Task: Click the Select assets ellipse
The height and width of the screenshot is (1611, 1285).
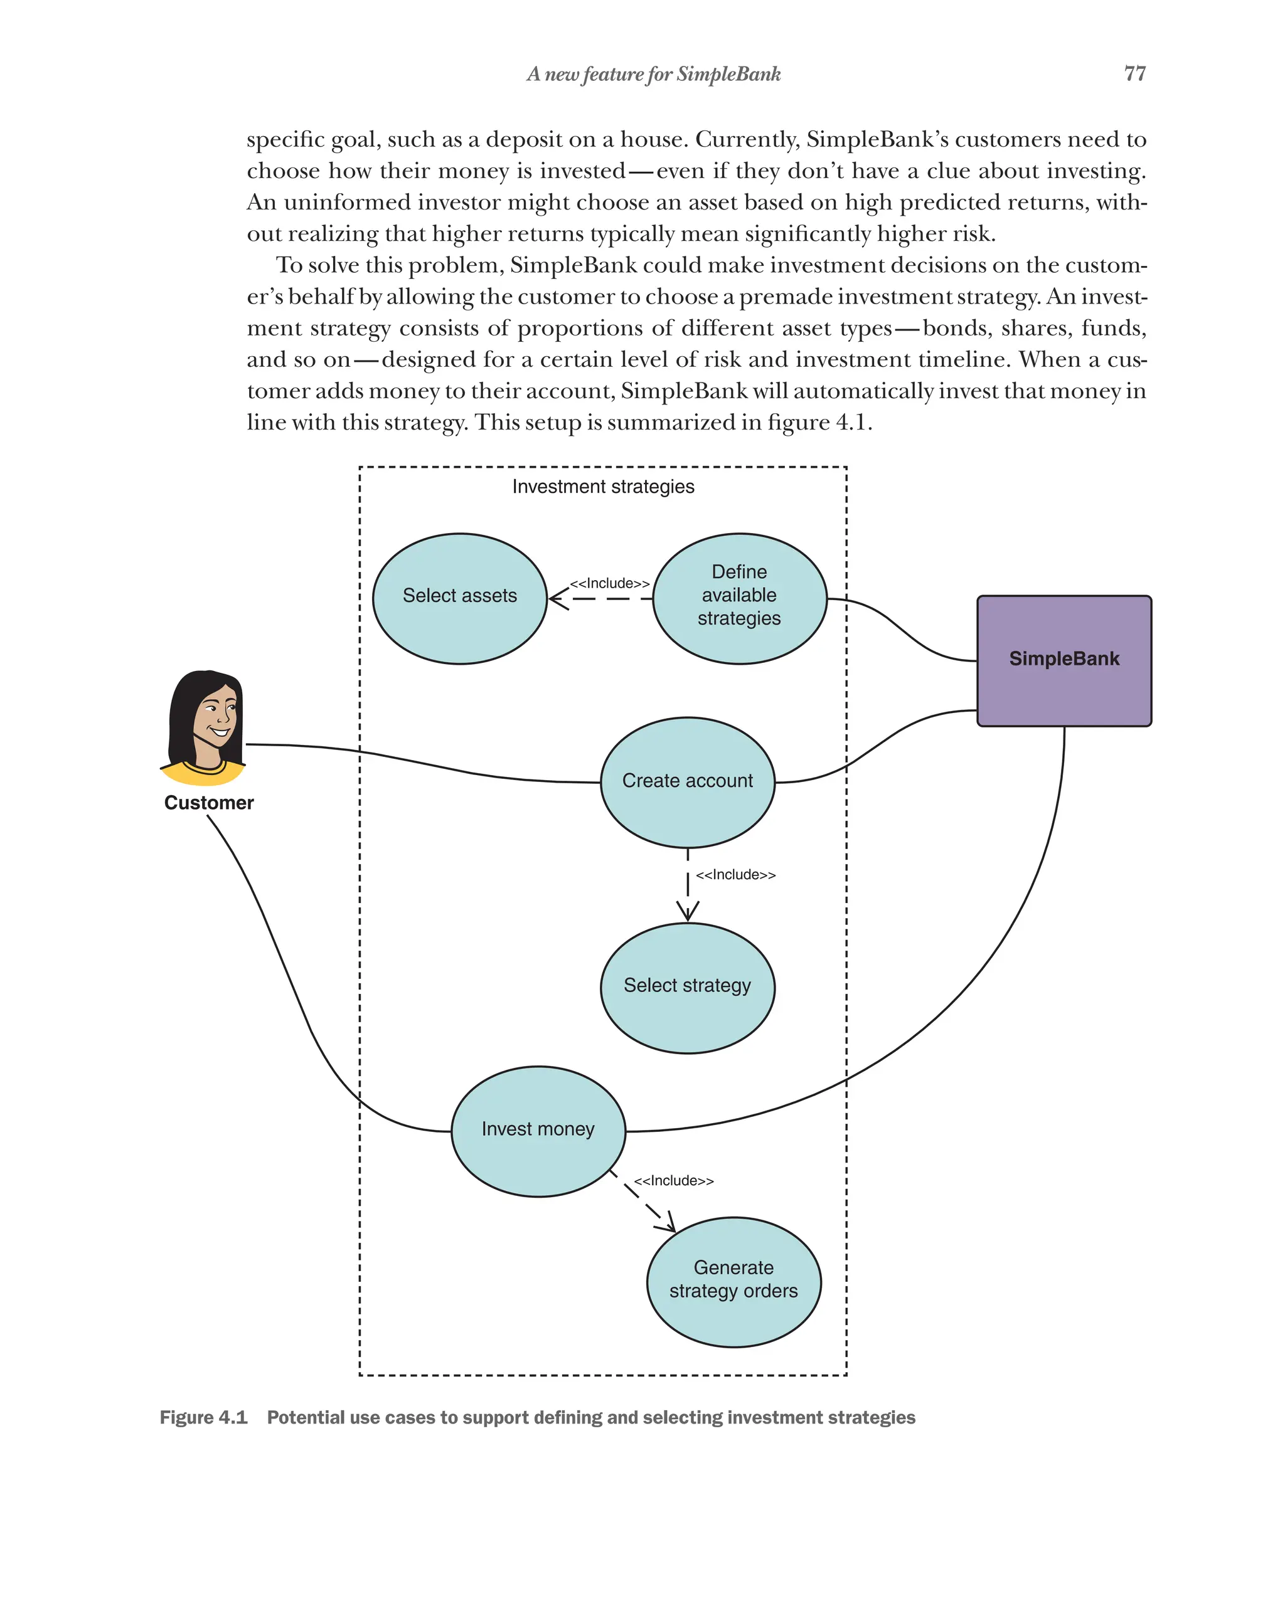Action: click(459, 598)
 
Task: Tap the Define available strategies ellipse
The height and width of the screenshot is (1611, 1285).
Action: click(738, 598)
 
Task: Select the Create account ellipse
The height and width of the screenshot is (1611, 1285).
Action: click(687, 781)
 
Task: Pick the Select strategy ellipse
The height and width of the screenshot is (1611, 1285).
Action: click(687, 987)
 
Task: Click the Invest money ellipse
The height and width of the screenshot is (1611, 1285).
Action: click(538, 1130)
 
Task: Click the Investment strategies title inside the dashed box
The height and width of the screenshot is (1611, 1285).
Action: click(602, 487)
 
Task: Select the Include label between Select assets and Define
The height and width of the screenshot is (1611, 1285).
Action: click(609, 583)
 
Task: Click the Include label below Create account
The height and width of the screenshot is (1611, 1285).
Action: click(735, 874)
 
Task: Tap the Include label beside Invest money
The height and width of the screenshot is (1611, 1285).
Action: click(673, 1181)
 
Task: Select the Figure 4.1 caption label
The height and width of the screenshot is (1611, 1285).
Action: click(203, 1417)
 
